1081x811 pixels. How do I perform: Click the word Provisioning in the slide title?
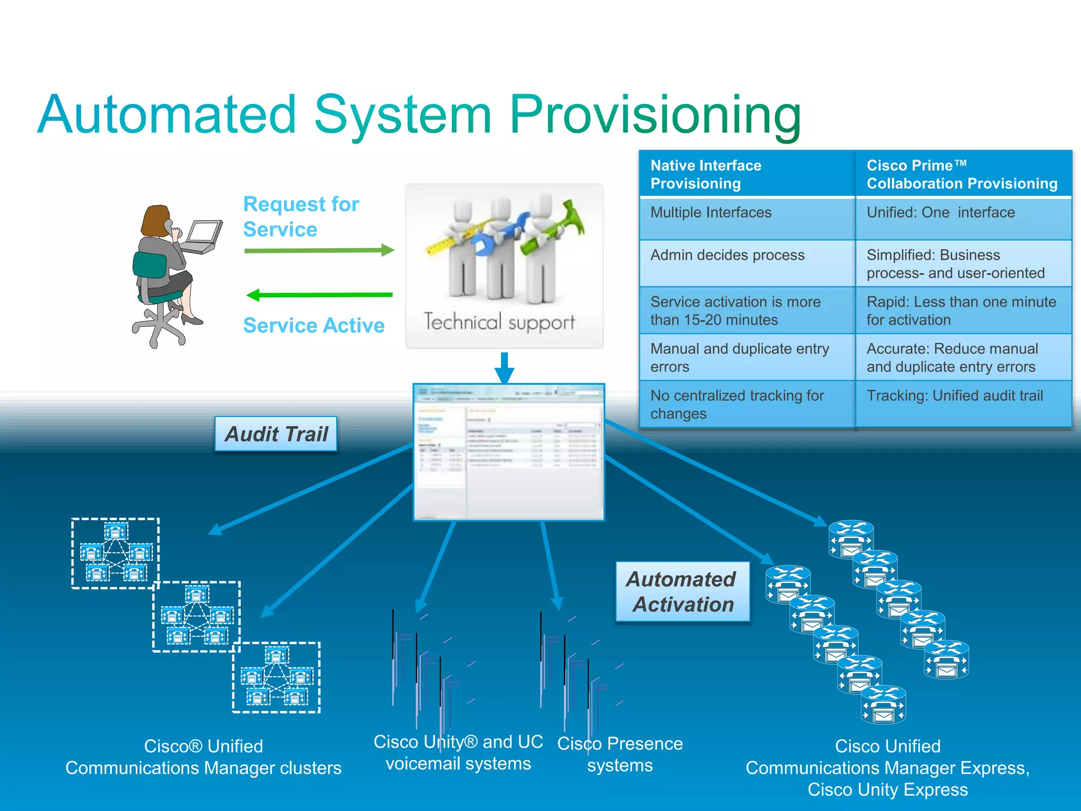[x=655, y=115]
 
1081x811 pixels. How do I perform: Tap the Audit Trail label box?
[x=276, y=434]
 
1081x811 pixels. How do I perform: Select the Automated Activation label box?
[x=682, y=592]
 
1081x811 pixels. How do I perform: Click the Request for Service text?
[x=301, y=216]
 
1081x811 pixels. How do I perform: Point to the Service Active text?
[x=314, y=325]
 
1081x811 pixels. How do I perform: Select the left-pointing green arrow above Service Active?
[x=319, y=295]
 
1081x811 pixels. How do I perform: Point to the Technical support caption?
[x=499, y=322]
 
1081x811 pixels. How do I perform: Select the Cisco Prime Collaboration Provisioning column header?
[x=962, y=174]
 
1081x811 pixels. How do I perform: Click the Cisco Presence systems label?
[x=620, y=754]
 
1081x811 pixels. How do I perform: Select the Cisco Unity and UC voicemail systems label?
[x=458, y=752]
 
